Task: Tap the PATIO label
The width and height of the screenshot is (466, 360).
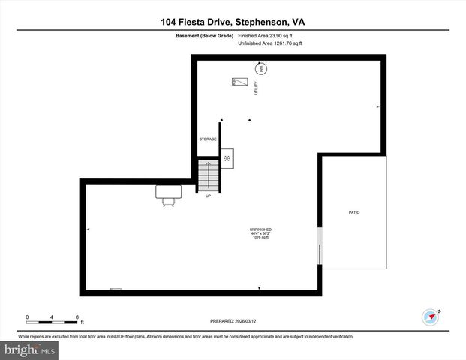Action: click(x=354, y=213)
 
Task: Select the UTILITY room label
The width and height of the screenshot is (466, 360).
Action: click(x=256, y=88)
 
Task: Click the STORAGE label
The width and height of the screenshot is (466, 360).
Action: click(x=208, y=139)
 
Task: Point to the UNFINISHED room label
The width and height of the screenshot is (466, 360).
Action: click(x=260, y=229)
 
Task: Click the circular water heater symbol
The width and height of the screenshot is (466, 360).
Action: click(x=261, y=68)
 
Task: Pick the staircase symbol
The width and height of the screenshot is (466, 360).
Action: click(x=208, y=175)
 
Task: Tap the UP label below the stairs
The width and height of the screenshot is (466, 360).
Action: click(x=208, y=196)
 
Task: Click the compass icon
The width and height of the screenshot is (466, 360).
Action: click(x=430, y=316)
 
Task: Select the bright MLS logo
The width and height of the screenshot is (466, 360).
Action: click(x=29, y=350)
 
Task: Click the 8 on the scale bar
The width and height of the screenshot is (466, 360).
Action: click(x=77, y=316)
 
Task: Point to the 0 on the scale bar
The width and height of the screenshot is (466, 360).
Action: click(x=27, y=316)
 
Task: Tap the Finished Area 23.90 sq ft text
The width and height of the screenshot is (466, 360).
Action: click(x=265, y=35)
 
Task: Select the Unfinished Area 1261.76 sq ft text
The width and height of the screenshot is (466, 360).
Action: click(x=269, y=43)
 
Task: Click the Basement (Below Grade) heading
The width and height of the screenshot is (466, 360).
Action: click(x=204, y=35)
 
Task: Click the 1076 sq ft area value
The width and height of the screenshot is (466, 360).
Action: click(x=260, y=237)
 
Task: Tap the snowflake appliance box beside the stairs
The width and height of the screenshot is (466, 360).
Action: click(x=227, y=158)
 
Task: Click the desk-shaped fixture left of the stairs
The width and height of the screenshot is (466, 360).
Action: click(x=168, y=193)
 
